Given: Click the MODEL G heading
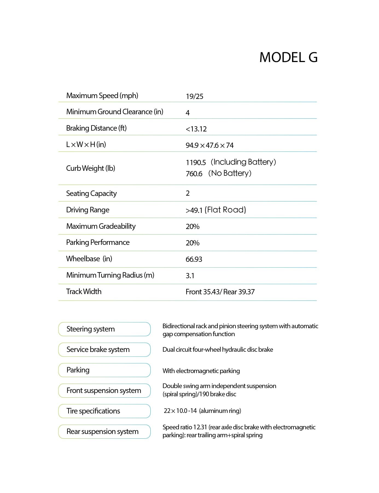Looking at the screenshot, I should pos(288,57).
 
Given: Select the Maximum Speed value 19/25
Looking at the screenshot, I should pos(194,96).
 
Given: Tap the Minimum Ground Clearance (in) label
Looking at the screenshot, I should pos(115,112).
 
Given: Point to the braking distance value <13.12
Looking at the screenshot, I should pos(196,129).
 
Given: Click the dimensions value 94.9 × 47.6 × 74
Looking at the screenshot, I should pos(209,145).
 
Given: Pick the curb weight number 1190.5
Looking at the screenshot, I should pos(196,163).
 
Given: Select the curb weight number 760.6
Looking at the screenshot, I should pos(194,174).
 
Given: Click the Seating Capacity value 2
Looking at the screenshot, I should pos(188,193).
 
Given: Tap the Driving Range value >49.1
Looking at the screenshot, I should pos(194,210).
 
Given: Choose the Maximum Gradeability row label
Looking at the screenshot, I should pos(101,226).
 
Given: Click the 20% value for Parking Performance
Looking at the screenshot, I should pos(193,243).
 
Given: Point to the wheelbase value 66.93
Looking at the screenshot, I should pos(194,259).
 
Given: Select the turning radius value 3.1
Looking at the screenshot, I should pos(190,276).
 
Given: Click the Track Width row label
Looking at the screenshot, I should pos(84,292).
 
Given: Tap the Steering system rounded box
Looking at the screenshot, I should pos(104,329).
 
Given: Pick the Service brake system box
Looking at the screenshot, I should pos(104,350).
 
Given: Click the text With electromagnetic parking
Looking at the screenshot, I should pos(201,371).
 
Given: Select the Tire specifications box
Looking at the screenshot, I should pos(104,411).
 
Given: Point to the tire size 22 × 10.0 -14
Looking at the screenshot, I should pos(180,411).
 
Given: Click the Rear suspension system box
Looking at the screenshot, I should pos(104,432).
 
